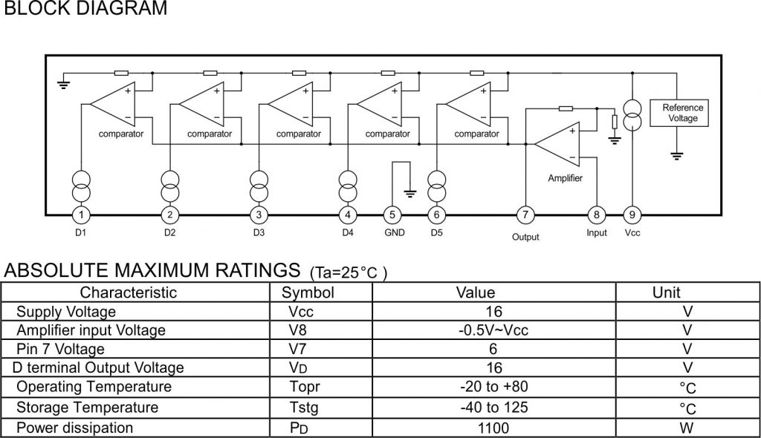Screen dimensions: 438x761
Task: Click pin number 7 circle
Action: pos(525,215)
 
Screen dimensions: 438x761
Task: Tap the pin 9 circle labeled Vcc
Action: pos(632,215)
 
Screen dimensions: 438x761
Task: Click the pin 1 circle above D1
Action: pos(80,215)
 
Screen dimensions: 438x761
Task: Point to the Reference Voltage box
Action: pos(682,113)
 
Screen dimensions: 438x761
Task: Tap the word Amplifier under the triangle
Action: pos(565,179)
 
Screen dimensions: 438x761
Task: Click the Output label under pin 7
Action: pos(525,237)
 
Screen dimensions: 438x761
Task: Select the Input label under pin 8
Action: pos(596,233)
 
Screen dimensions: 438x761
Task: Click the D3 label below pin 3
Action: pos(258,233)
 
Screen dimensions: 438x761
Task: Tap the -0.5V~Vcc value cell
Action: pos(493,330)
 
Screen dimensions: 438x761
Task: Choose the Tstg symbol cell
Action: pos(306,408)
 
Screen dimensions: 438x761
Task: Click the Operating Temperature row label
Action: pos(94,388)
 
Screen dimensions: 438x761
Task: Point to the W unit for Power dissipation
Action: pos(687,428)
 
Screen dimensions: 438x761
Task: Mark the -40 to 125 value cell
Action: pos(493,408)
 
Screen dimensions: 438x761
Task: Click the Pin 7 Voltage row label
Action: pos(60,349)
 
